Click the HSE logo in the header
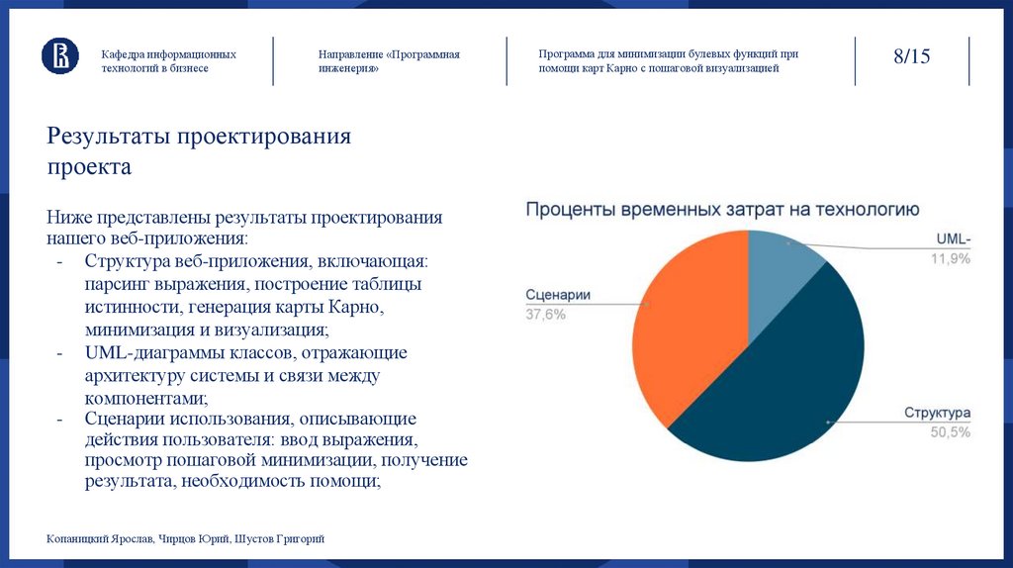[59, 55]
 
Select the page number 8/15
[911, 56]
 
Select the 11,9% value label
[950, 258]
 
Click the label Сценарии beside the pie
[558, 295]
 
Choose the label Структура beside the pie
[937, 413]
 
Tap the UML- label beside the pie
[955, 239]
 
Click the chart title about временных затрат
[722, 209]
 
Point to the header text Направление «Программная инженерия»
[389, 61]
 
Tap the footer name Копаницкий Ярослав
[97, 538]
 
